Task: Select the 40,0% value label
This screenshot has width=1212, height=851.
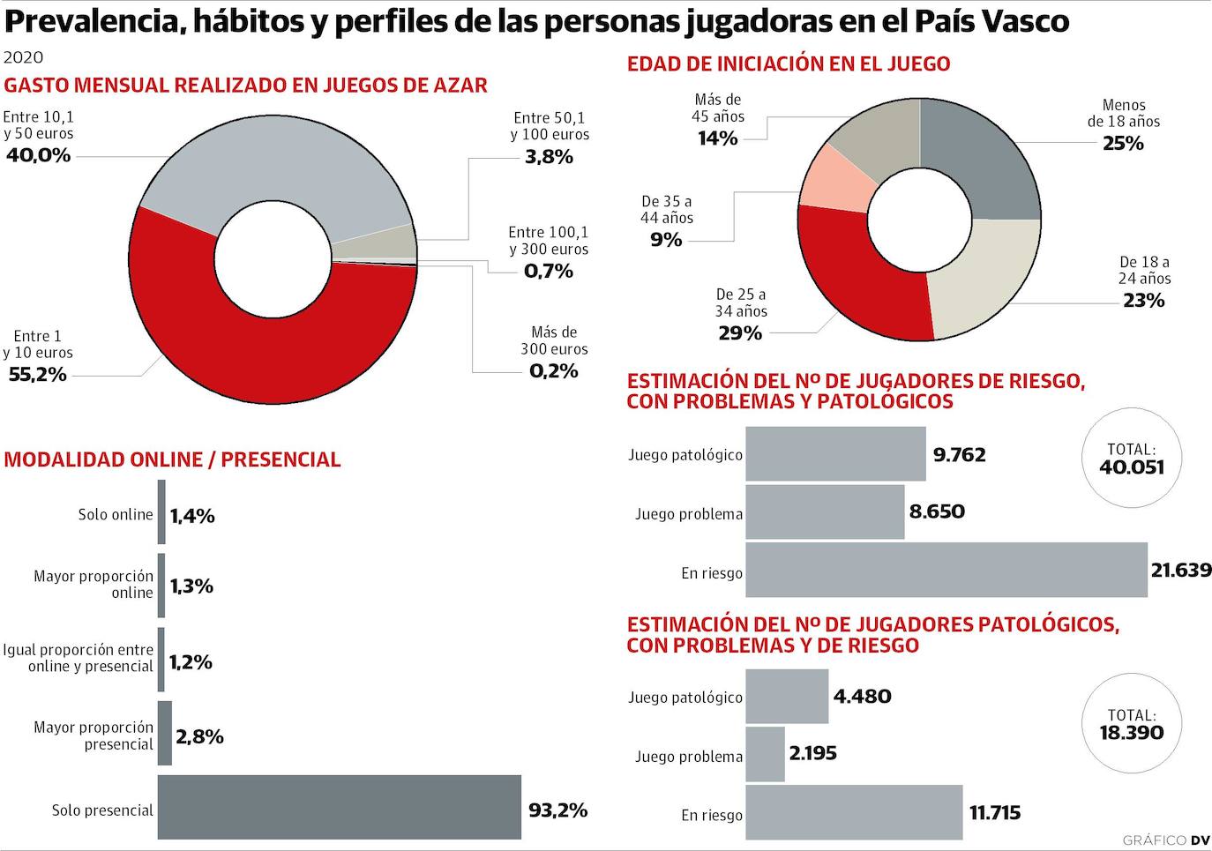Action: [x=38, y=155]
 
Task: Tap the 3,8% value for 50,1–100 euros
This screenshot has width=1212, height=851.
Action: [x=549, y=157]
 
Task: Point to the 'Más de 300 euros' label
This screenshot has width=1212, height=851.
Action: [x=554, y=340]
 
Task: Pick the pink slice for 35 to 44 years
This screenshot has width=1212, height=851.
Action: [x=834, y=182]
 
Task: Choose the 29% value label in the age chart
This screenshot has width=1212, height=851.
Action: [x=740, y=333]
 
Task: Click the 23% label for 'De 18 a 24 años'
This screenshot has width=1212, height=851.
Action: [x=1144, y=301]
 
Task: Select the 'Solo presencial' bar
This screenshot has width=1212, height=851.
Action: [x=340, y=807]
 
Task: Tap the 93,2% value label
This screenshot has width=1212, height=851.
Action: [x=557, y=810]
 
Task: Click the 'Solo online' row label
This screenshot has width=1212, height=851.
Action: [x=116, y=514]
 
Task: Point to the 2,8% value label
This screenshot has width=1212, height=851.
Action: [x=199, y=736]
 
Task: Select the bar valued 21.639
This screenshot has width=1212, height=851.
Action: [x=946, y=570]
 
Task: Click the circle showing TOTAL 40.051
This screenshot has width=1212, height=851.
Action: [x=1132, y=459]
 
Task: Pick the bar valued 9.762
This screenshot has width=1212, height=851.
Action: [x=835, y=454]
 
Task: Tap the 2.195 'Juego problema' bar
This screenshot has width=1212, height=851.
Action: [x=765, y=754]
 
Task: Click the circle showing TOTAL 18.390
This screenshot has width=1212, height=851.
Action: [x=1132, y=724]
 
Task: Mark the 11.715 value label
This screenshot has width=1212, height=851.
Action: [x=995, y=812]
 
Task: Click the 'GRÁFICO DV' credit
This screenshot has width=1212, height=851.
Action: [x=1165, y=840]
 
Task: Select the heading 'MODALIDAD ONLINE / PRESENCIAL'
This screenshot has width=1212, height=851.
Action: [x=172, y=459]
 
